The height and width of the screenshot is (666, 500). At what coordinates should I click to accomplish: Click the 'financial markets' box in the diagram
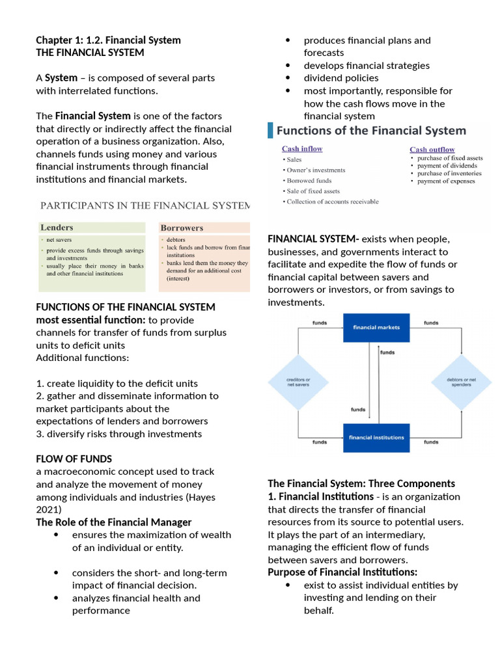(x=376, y=327)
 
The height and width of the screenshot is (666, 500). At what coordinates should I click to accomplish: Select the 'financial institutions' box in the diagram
(x=376, y=437)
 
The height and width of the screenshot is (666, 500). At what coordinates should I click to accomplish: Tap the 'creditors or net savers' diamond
(x=299, y=382)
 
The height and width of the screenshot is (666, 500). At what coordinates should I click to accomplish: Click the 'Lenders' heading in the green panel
(x=57, y=228)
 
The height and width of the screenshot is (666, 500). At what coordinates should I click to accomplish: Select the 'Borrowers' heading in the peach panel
(x=182, y=228)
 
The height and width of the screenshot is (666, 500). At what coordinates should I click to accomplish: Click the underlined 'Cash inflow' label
(x=302, y=149)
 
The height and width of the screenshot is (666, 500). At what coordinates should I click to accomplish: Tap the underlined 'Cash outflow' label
(x=432, y=150)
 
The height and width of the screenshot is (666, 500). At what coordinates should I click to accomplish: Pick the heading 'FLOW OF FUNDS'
(x=74, y=459)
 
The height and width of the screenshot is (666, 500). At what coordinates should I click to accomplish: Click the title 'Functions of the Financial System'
(x=371, y=131)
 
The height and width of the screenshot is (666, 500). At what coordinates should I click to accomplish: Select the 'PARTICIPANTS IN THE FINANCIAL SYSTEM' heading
(x=145, y=206)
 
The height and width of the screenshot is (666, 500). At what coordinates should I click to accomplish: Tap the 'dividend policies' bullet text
(x=341, y=78)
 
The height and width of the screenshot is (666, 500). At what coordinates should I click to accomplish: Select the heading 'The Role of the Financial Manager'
(x=114, y=522)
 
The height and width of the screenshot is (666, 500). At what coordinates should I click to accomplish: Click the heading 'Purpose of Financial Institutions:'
(x=342, y=572)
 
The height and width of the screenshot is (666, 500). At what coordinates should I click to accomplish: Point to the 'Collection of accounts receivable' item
(x=331, y=202)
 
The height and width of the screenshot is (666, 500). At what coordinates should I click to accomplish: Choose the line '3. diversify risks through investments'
(x=119, y=434)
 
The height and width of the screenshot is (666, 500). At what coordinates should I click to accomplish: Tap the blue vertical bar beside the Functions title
(x=271, y=130)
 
